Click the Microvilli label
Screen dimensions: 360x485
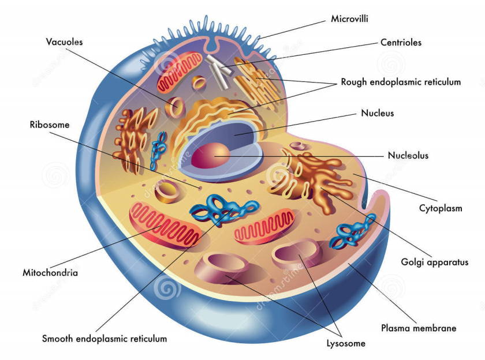pos(349,19)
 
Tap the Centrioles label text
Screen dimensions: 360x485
pos(401,42)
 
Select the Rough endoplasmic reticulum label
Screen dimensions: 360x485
pos(401,82)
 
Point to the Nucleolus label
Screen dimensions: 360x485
pos(408,155)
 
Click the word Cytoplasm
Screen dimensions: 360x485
pos(441,208)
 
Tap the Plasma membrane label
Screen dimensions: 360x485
pos(419,328)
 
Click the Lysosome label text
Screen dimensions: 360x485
pos(346,344)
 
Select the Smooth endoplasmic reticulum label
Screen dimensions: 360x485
pos(105,339)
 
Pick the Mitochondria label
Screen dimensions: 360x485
pos(50,272)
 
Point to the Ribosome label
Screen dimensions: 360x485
pos(50,124)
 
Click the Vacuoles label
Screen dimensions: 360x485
pos(65,42)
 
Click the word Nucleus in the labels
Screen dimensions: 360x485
pos(377,113)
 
